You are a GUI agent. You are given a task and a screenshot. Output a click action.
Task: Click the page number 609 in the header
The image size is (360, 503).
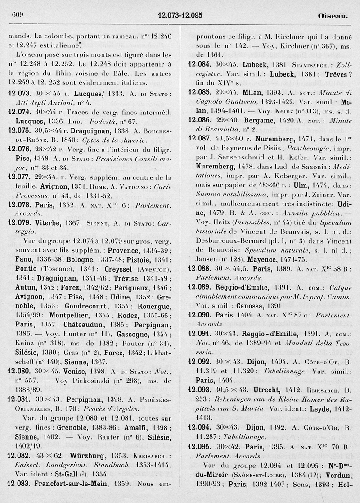(x=17, y=15)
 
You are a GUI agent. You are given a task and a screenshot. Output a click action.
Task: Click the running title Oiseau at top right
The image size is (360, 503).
(x=333, y=15)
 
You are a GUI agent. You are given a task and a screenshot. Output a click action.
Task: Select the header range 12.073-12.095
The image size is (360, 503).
(x=180, y=15)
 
